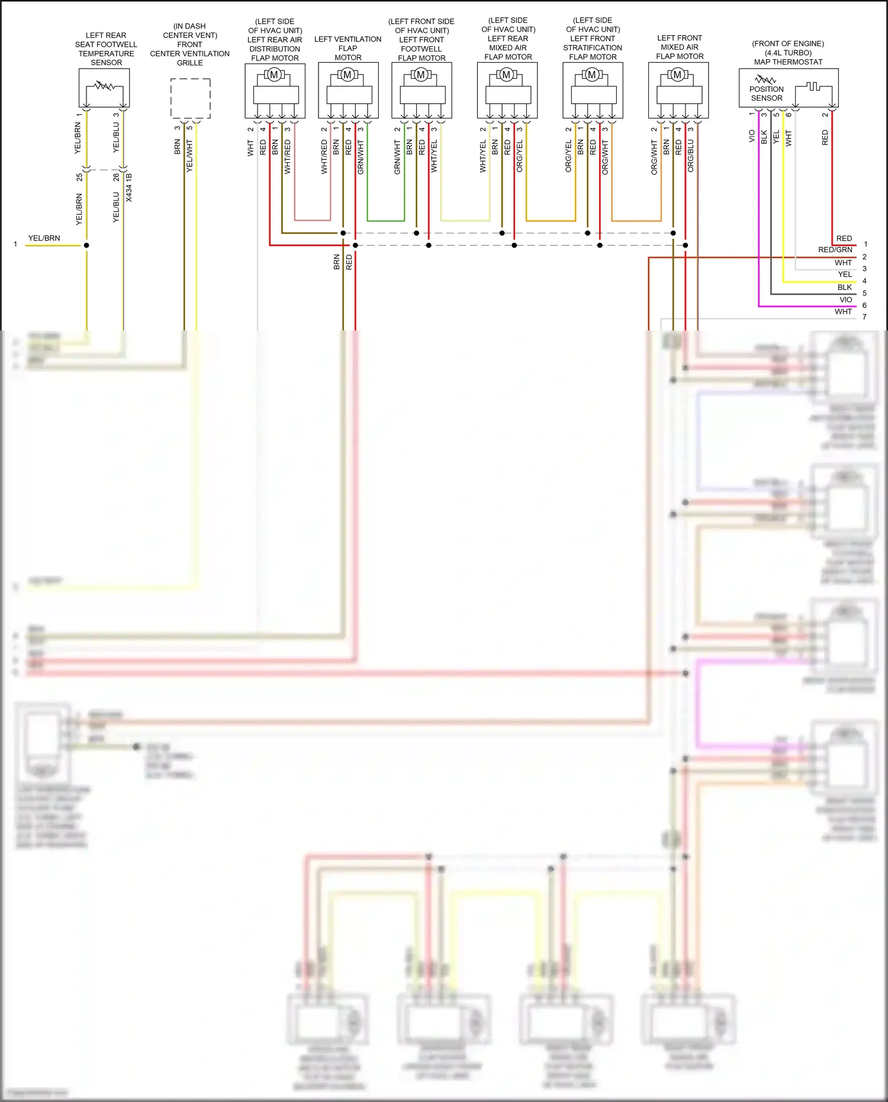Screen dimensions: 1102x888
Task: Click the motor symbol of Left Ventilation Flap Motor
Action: coord(348,75)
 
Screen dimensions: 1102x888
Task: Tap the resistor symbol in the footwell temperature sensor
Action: coord(105,86)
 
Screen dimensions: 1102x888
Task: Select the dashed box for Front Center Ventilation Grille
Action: coord(190,98)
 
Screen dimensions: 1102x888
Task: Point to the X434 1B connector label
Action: coord(129,187)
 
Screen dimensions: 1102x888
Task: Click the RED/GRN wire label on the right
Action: coord(835,250)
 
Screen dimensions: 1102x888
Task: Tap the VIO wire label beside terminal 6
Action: coord(845,300)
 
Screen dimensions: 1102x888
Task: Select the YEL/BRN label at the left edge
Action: coord(44,238)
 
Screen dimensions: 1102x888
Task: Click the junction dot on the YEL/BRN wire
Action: coord(86,245)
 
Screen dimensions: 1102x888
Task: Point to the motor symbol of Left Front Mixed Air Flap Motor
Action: coord(677,75)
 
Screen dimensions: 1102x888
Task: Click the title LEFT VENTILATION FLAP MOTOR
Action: coord(348,48)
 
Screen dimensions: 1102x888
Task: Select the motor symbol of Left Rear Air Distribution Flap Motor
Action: coord(274,75)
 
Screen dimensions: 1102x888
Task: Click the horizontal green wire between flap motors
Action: coord(385,221)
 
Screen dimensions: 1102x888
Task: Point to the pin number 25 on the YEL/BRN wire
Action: coord(80,176)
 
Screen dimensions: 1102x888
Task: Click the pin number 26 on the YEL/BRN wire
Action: coord(117,176)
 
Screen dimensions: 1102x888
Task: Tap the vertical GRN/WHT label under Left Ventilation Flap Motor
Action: coord(361,157)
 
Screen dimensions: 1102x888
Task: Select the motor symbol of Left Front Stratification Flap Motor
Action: coord(591,75)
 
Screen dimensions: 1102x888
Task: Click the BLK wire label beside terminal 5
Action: coord(844,287)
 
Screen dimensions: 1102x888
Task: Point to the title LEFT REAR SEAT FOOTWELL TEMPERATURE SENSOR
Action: coord(106,49)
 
